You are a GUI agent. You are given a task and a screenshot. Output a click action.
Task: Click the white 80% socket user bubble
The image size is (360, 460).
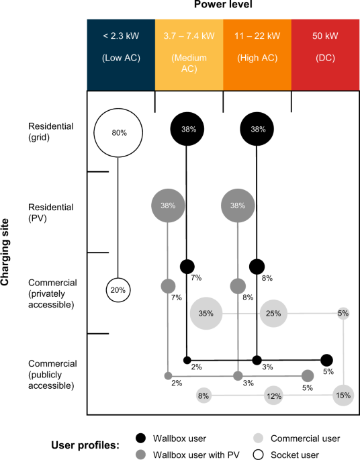pyautogui.click(x=119, y=133)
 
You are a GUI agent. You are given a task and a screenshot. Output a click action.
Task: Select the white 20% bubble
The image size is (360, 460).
pyautogui.click(x=119, y=290)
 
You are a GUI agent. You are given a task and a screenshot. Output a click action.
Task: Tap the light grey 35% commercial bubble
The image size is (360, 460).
pyautogui.click(x=206, y=313)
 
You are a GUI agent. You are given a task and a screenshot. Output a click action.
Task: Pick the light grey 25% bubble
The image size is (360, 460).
pyautogui.click(x=273, y=313)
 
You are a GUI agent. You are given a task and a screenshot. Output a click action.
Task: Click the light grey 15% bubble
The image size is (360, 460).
pyautogui.click(x=343, y=396)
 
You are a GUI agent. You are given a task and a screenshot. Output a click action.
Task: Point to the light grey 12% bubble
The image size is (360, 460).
pyautogui.click(x=273, y=396)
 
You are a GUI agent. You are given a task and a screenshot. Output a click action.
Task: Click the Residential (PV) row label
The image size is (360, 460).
pyautogui.click(x=51, y=212)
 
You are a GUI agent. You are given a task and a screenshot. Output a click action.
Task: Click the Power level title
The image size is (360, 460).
pyautogui.click(x=223, y=7)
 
